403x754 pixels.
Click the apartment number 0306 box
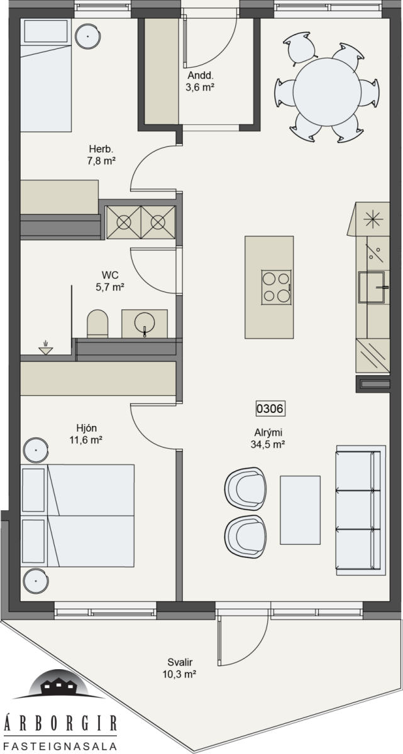click(270, 408)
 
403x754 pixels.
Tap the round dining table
click(328, 92)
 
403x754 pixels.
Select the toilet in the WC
click(97, 324)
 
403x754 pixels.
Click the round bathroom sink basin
click(145, 322)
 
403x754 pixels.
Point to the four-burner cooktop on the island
click(277, 287)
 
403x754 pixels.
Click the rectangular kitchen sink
click(371, 287)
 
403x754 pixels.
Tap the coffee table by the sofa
click(301, 510)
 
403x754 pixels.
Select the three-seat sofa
click(361, 510)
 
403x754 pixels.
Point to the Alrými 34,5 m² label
click(268, 439)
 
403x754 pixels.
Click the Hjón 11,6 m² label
click(86, 434)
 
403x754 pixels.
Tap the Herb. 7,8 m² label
click(101, 155)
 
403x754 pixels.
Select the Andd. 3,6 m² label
click(201, 81)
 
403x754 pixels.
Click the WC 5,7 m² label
click(110, 281)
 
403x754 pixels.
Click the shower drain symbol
click(46, 349)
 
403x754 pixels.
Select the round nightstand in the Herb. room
click(88, 36)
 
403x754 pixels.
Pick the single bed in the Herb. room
click(46, 75)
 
